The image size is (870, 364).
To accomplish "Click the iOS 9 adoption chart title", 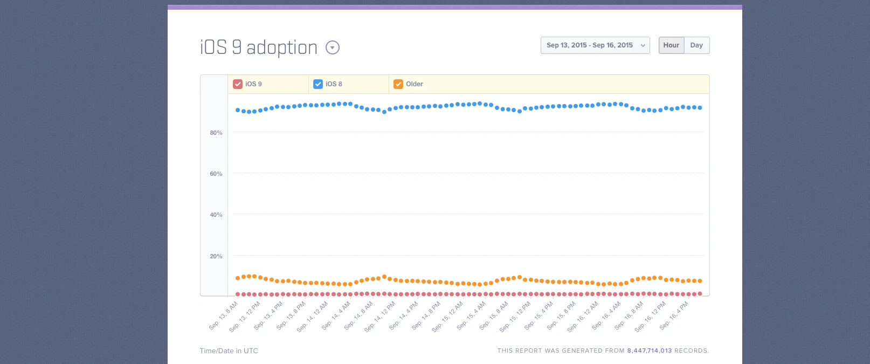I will point(259,47).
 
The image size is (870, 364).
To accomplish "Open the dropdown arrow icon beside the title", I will point(333,48).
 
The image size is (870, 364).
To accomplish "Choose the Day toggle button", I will point(696,45).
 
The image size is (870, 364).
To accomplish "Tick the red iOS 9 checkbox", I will point(238,84).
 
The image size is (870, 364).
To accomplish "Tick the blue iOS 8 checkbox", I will point(318,84).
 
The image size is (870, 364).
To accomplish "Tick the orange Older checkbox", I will point(398,84).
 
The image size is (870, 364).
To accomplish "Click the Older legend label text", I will point(415,84).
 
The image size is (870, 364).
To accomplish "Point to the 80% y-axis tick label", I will point(216,133).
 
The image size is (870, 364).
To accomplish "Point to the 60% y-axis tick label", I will point(216,174).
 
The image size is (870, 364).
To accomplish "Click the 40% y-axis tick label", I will point(216,215).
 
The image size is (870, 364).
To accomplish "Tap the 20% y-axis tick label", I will point(216,256).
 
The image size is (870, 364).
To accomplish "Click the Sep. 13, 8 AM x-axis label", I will point(224,316).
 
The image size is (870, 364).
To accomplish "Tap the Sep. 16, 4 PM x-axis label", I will point(674,316).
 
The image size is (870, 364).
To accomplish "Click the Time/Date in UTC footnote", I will point(229,351).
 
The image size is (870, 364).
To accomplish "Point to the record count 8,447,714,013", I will point(649,351).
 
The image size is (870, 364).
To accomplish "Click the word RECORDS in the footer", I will point(691,351).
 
